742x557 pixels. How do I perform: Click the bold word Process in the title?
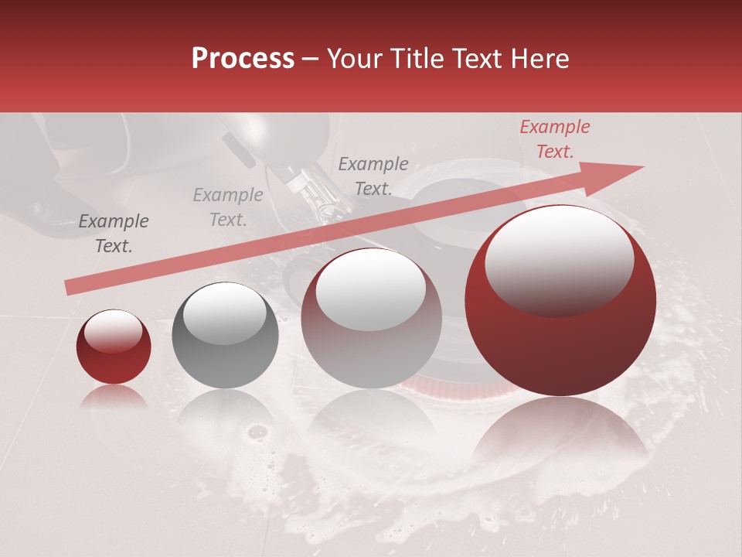(x=243, y=59)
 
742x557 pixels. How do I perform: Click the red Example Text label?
(x=554, y=139)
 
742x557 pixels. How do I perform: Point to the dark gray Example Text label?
(x=114, y=234)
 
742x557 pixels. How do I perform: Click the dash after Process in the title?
(x=311, y=59)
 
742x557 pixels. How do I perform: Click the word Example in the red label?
(x=554, y=127)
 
